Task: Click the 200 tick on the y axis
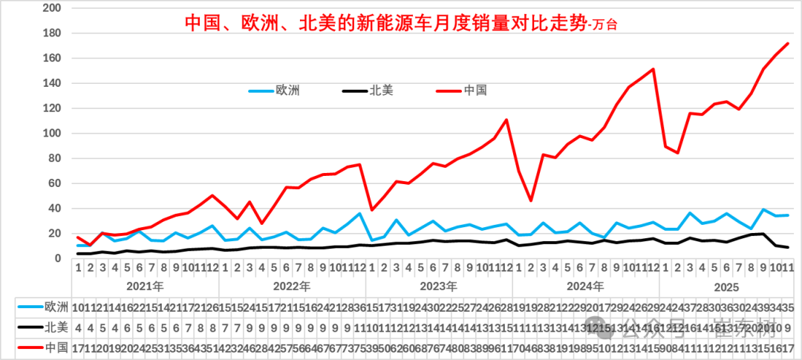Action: [53, 8]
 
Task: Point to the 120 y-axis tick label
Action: [53, 108]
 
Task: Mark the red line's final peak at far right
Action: [787, 44]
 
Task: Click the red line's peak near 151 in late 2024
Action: [653, 69]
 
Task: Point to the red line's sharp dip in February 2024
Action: [531, 200]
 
